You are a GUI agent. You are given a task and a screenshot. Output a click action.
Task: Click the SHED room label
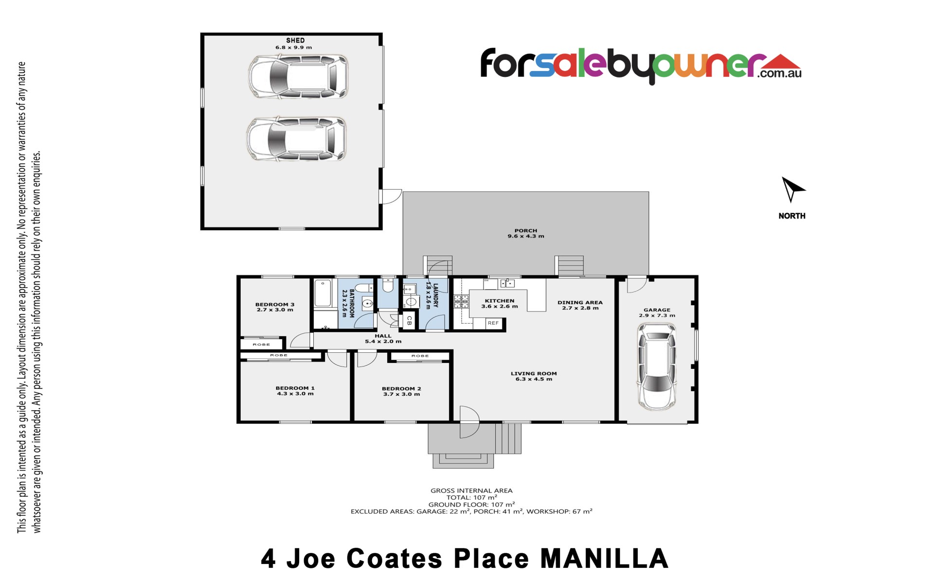[x=295, y=40]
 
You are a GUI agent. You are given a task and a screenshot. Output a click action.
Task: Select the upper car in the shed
[x=298, y=76]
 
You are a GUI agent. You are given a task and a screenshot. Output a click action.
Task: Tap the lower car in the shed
[x=297, y=138]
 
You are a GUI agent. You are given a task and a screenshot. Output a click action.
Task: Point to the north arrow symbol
[x=791, y=189]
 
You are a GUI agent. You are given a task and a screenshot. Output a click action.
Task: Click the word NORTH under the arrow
[x=792, y=216]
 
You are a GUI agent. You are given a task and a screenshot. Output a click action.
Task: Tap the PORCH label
[x=526, y=231]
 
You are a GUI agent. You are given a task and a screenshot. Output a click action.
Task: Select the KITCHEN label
[x=500, y=301]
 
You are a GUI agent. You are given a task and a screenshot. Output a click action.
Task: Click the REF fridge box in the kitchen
[x=493, y=323]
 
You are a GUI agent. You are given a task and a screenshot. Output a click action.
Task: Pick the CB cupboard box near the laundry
[x=409, y=321]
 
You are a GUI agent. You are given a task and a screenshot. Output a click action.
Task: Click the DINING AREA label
[x=580, y=302]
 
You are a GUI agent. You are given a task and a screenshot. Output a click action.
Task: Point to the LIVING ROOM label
[x=534, y=374]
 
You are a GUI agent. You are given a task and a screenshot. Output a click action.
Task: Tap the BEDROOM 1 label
[x=295, y=388]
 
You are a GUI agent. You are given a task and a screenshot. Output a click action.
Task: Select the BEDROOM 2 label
[x=401, y=389]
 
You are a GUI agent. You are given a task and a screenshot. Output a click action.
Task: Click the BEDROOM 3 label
[x=275, y=305]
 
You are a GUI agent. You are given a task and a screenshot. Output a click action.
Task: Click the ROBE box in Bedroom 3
[x=261, y=344]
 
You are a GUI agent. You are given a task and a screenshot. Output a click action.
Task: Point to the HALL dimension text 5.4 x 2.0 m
[x=383, y=342]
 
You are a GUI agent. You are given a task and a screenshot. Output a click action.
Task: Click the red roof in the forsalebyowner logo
[x=779, y=61]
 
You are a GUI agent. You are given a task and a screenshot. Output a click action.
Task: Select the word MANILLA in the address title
[x=605, y=559]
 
